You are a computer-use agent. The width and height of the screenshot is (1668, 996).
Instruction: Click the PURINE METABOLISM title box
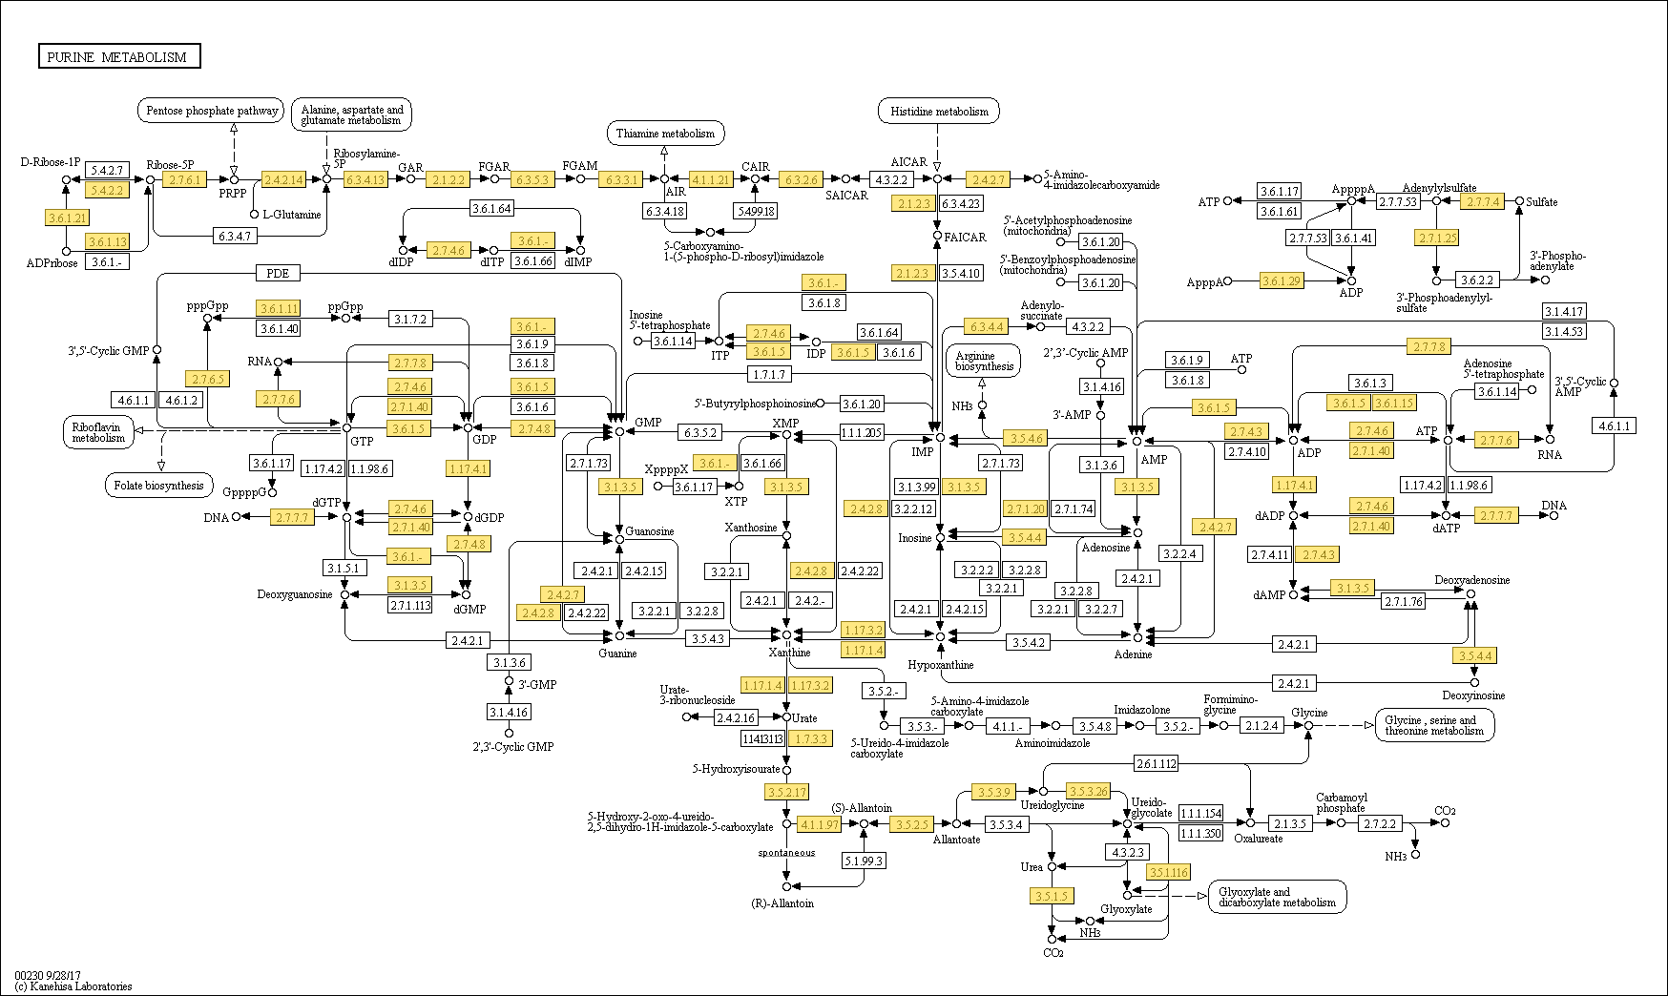click(118, 57)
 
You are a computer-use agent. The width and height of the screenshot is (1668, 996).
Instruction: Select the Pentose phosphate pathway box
click(211, 111)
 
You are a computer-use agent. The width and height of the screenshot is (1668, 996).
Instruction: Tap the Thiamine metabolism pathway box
click(665, 134)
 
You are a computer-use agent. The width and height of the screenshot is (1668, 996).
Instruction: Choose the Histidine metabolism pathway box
click(939, 112)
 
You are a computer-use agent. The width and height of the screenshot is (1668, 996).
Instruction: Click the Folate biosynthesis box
click(158, 486)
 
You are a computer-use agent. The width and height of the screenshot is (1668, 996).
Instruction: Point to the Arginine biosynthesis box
click(984, 361)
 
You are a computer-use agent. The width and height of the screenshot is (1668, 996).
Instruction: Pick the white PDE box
click(278, 274)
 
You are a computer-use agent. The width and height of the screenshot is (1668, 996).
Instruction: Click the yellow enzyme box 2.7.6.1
click(183, 179)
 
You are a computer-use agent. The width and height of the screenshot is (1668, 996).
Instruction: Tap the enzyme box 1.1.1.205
click(861, 433)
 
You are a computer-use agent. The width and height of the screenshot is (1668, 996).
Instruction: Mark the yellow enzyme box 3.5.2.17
click(786, 792)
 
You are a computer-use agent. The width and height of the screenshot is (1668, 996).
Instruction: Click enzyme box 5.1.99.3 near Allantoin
click(865, 861)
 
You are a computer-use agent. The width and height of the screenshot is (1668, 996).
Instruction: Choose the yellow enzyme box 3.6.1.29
click(1281, 281)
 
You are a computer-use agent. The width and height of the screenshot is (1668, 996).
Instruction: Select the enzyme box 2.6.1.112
click(1157, 763)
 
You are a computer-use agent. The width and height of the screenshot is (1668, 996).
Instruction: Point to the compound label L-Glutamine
click(292, 215)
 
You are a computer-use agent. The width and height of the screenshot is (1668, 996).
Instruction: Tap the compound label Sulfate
click(1541, 202)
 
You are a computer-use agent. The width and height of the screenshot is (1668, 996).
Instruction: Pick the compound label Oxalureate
click(1259, 839)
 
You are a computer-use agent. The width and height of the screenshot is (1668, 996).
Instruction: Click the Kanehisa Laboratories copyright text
click(74, 986)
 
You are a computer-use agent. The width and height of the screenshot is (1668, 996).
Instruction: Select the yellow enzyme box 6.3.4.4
click(986, 327)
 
